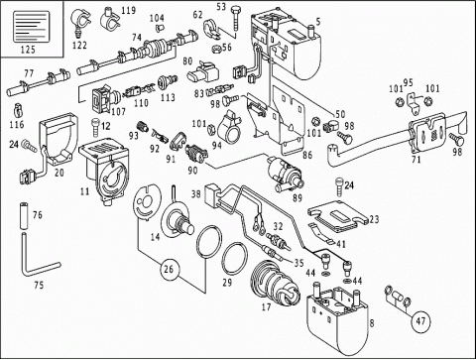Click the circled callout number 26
coord(169,269)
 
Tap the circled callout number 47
coord(420,321)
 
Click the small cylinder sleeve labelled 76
coord(24,216)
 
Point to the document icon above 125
coord(31,27)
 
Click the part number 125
coord(28,50)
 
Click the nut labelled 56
coord(216,50)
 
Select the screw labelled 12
coord(95,126)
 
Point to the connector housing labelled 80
coord(202,71)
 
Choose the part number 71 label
coord(416,160)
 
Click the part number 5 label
coord(318,22)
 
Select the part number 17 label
coord(266,307)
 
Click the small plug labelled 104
coord(161,27)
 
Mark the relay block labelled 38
coord(213,194)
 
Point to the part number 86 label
coord(307,155)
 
